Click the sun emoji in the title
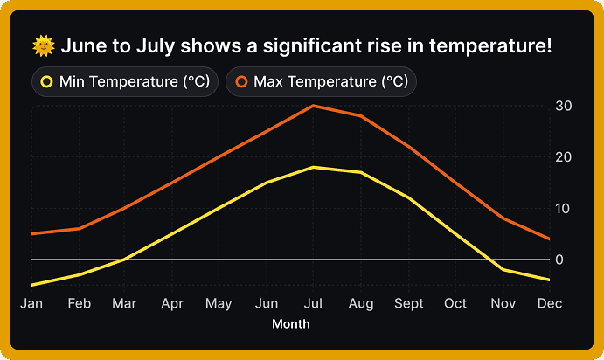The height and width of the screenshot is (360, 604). (43, 45)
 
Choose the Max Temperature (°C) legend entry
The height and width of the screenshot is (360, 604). (321, 82)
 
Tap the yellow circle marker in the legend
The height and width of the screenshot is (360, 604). (47, 82)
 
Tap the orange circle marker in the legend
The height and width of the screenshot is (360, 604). (241, 82)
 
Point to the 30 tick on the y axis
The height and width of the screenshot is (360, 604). (564, 106)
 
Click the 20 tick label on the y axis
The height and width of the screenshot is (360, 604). (564, 157)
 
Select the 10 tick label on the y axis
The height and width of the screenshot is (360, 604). (564, 208)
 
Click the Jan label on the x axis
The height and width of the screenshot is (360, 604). (31, 303)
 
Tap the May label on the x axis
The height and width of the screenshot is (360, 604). (219, 303)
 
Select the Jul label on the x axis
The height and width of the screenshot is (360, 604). (314, 303)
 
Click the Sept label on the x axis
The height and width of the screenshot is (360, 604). (408, 303)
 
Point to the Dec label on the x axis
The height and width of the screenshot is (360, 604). (549, 303)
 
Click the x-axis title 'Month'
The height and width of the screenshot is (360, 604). (290, 324)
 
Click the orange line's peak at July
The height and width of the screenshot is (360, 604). (314, 106)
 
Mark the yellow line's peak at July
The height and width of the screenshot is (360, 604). (314, 167)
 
